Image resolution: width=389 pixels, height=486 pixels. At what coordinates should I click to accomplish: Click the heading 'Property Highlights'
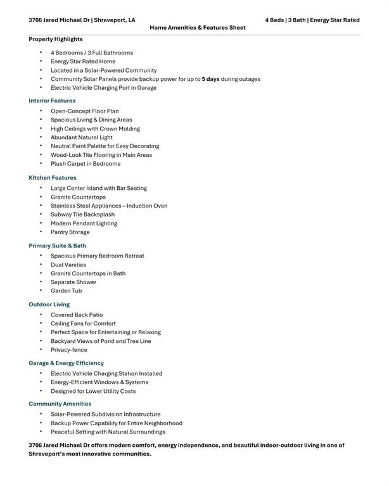click(x=55, y=39)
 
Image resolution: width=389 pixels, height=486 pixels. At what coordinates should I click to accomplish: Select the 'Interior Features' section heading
click(x=52, y=101)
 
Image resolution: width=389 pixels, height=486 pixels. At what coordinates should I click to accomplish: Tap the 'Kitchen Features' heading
click(x=53, y=178)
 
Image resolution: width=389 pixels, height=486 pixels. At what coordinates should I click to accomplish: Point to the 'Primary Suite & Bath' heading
click(x=57, y=246)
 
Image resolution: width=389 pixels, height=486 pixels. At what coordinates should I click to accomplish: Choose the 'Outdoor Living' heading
click(x=49, y=304)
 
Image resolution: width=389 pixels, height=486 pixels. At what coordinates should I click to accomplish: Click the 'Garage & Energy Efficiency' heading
click(x=66, y=363)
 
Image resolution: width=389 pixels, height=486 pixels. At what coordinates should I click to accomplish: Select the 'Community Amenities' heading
click(x=60, y=404)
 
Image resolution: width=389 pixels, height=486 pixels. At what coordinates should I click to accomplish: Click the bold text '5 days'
click(x=210, y=79)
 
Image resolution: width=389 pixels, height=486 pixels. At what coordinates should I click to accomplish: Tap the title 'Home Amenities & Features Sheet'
click(x=198, y=28)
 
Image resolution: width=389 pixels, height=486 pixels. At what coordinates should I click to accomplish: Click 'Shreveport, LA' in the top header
click(x=115, y=20)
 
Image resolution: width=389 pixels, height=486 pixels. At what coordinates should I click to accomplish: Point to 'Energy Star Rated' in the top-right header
click(x=335, y=20)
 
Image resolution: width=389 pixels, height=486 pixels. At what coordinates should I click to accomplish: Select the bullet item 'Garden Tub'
click(x=67, y=291)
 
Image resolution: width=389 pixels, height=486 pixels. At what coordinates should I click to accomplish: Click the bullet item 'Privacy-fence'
click(x=69, y=350)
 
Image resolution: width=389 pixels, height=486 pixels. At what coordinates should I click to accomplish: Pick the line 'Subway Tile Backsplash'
click(x=83, y=215)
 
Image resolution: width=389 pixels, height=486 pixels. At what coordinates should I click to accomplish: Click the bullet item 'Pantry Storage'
click(x=70, y=232)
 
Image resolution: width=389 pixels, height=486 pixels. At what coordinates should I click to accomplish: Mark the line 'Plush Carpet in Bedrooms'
click(x=86, y=163)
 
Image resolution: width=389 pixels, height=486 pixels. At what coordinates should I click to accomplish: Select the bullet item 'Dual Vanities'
click(x=68, y=265)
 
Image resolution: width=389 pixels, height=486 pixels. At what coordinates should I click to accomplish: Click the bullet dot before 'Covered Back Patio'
click(x=41, y=315)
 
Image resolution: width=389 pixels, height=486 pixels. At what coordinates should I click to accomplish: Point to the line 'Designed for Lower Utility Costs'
click(x=93, y=391)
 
